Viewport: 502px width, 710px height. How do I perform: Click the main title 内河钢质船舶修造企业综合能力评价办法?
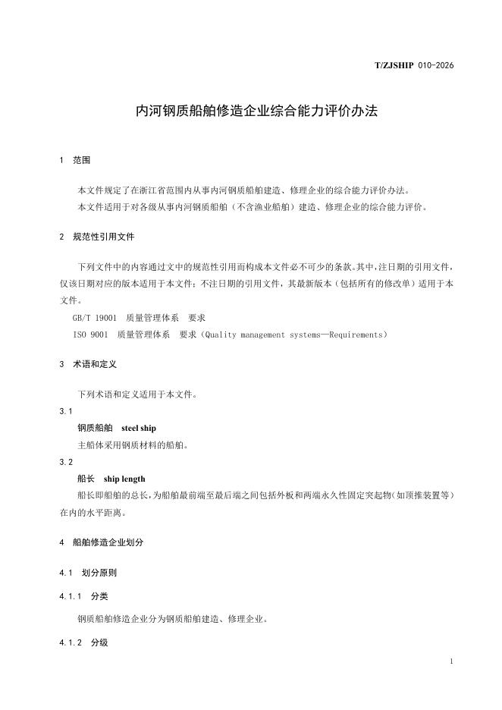(x=256, y=111)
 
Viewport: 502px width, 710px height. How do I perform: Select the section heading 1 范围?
(x=75, y=161)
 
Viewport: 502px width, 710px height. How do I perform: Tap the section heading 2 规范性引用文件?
(x=96, y=237)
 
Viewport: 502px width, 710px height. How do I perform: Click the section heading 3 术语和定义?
(x=88, y=364)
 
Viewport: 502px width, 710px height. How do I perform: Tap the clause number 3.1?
(x=66, y=411)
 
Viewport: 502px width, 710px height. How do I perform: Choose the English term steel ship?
(x=139, y=428)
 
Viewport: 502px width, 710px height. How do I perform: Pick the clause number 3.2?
(x=66, y=462)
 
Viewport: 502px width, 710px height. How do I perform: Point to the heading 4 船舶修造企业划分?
(x=101, y=542)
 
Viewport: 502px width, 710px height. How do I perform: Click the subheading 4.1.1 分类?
(x=83, y=596)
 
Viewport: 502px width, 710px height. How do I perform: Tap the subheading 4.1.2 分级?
(x=83, y=642)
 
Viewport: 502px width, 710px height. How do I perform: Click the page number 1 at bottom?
(x=451, y=662)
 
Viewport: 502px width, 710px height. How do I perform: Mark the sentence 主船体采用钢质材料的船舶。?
(x=133, y=445)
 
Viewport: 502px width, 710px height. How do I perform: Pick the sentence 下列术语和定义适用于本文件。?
(x=138, y=394)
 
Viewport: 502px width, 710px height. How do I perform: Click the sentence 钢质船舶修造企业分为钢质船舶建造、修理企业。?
(x=172, y=619)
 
